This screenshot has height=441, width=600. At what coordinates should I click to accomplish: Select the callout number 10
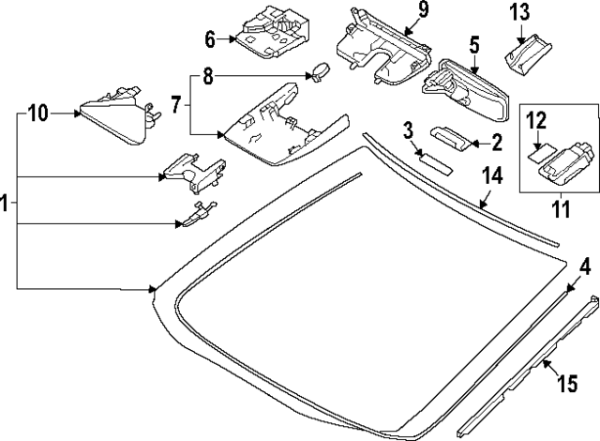[37, 114]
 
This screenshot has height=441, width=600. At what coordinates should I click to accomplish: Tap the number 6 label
[210, 39]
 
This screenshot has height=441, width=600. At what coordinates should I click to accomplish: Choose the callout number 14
[491, 175]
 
